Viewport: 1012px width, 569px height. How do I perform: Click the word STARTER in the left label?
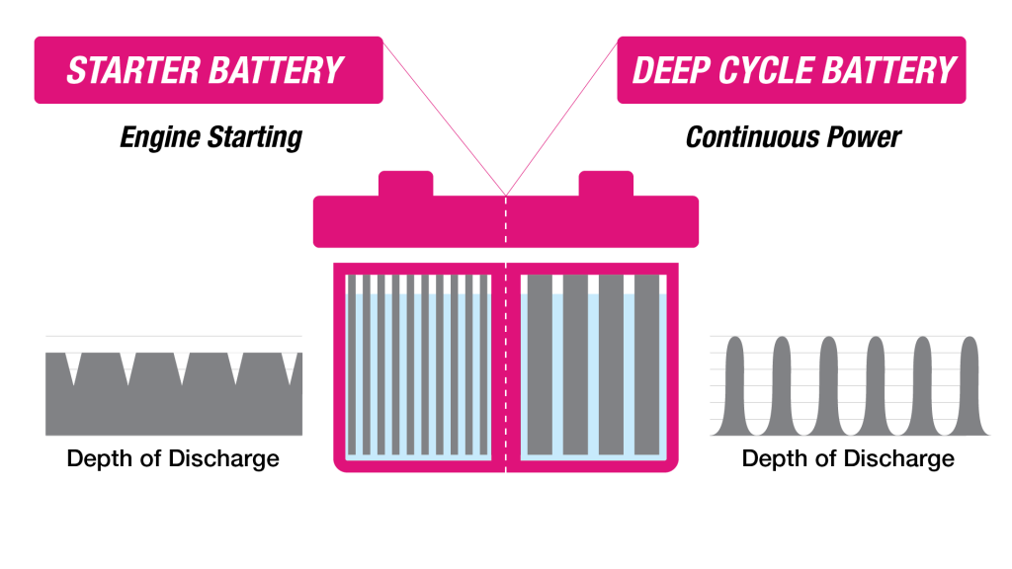pyautogui.click(x=125, y=71)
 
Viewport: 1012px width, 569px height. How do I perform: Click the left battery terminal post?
pyautogui.click(x=405, y=184)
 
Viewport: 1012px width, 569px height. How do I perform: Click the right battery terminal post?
pyautogui.click(x=606, y=184)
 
